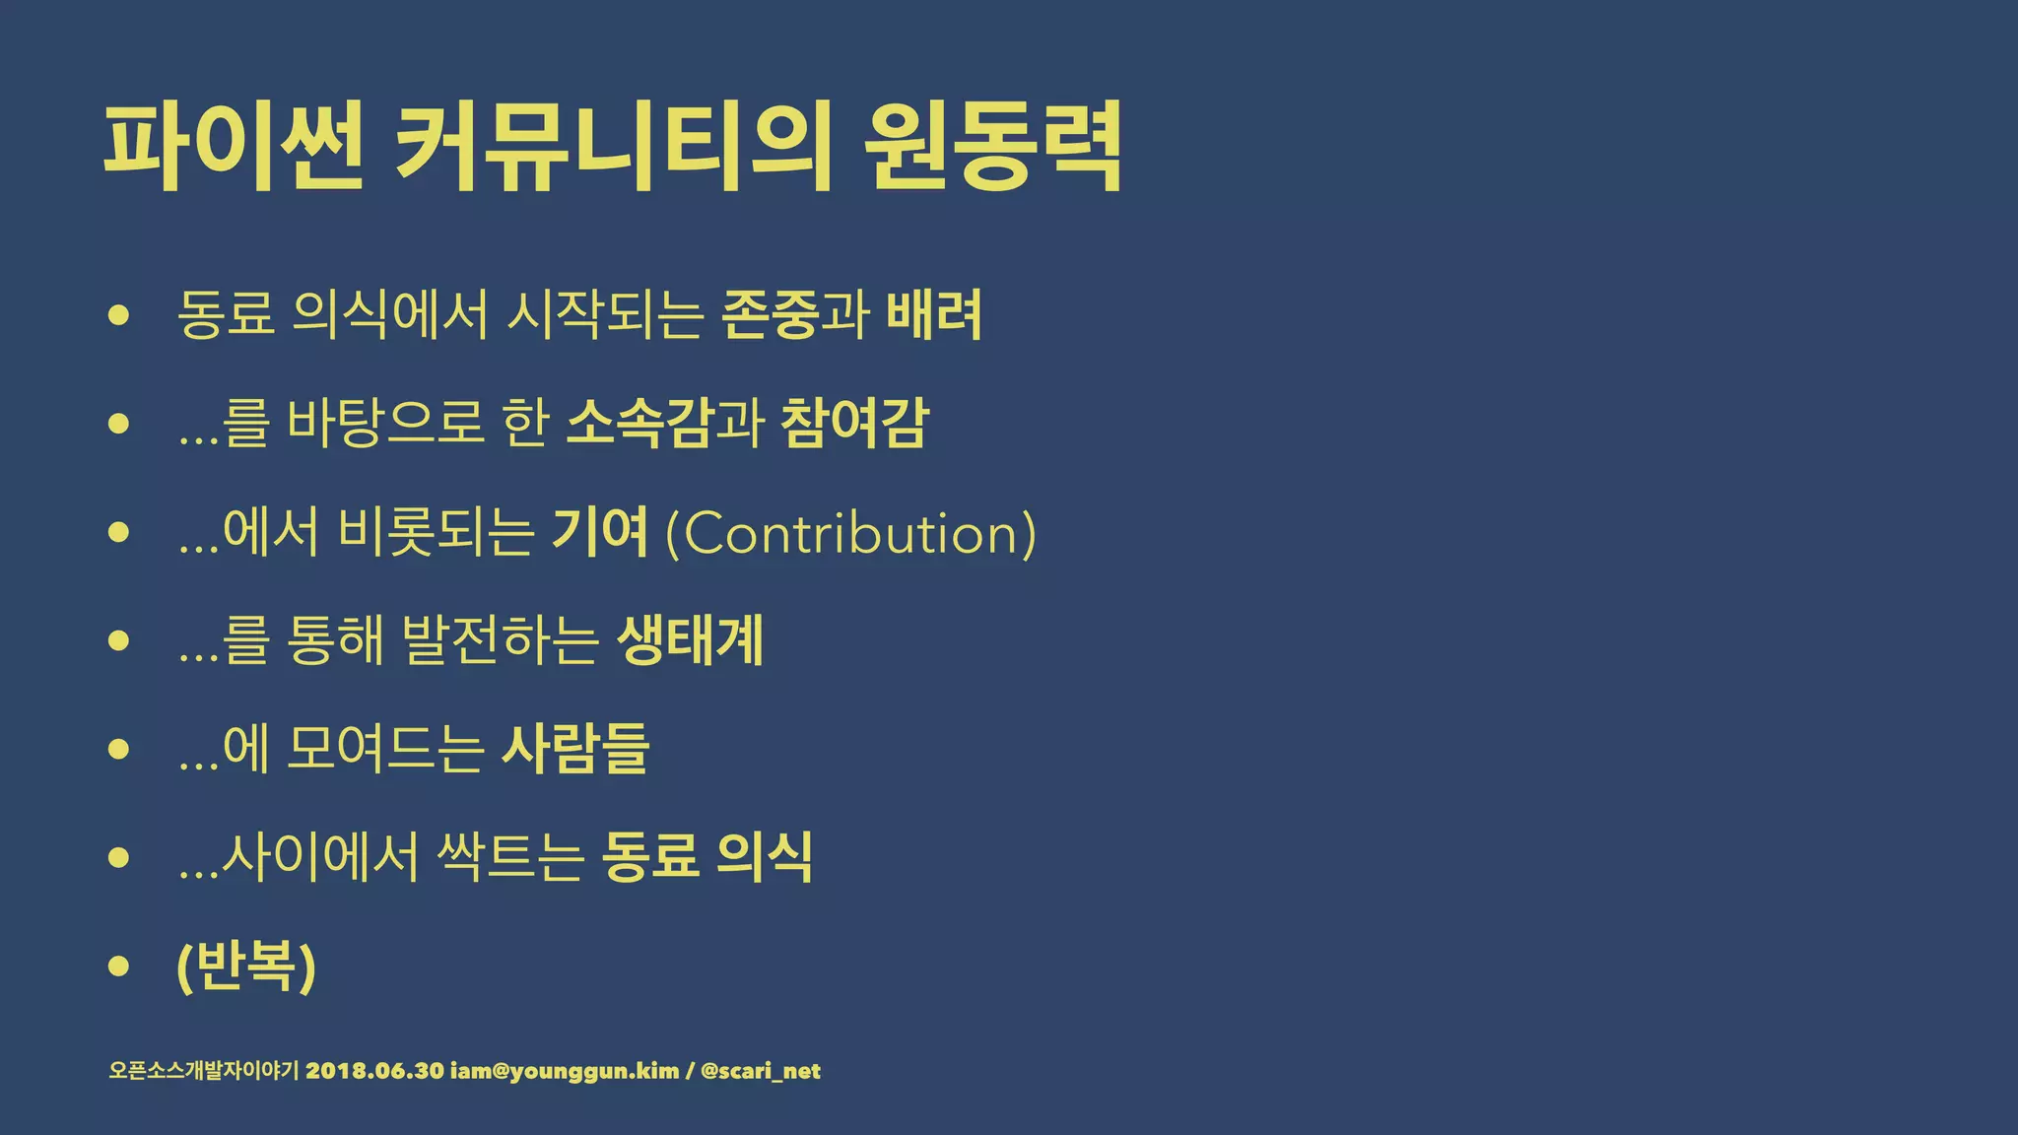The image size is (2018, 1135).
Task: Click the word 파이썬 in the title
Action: pyautogui.click(x=234, y=147)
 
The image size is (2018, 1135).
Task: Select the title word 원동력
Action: pyautogui.click(x=992, y=147)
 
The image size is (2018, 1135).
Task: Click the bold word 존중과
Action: pyautogui.click(x=795, y=315)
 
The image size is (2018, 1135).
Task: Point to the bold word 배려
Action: pyautogui.click(x=933, y=315)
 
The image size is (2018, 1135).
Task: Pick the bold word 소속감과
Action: pyautogui.click(x=665, y=424)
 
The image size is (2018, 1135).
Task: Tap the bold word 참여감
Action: pyautogui.click(x=853, y=424)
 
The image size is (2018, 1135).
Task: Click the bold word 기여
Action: pyautogui.click(x=599, y=532)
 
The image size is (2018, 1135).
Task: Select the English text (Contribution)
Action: pyautogui.click(x=850, y=534)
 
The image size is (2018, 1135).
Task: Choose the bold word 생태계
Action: pyautogui.click(x=690, y=640)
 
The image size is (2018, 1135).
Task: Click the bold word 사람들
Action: pyautogui.click(x=575, y=749)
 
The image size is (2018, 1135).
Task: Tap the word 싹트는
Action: pyautogui.click(x=509, y=857)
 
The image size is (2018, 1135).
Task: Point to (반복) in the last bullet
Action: pyautogui.click(x=246, y=966)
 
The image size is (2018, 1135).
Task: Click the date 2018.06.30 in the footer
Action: pyautogui.click(x=374, y=1071)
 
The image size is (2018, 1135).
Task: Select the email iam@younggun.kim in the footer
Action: pyautogui.click(x=564, y=1071)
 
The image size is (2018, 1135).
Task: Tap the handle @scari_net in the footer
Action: pyautogui.click(x=760, y=1071)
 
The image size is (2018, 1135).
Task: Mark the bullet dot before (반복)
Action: pyautogui.click(x=119, y=966)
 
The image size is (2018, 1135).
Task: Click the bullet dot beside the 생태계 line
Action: pyautogui.click(x=119, y=641)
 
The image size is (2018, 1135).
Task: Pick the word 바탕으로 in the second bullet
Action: pyautogui.click(x=385, y=424)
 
